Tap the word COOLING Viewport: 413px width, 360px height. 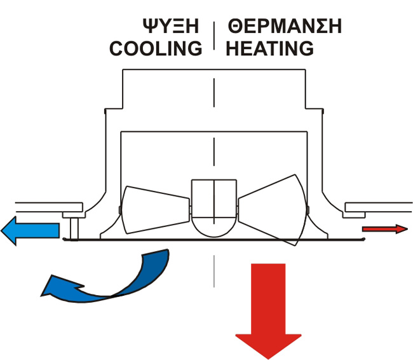click(x=156, y=48)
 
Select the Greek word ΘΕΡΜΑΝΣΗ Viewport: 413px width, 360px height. click(x=286, y=27)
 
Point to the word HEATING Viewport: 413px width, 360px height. click(x=270, y=48)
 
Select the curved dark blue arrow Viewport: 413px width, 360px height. click(x=114, y=280)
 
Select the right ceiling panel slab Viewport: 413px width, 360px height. click(x=377, y=207)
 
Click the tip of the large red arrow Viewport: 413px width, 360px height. click(x=269, y=356)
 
